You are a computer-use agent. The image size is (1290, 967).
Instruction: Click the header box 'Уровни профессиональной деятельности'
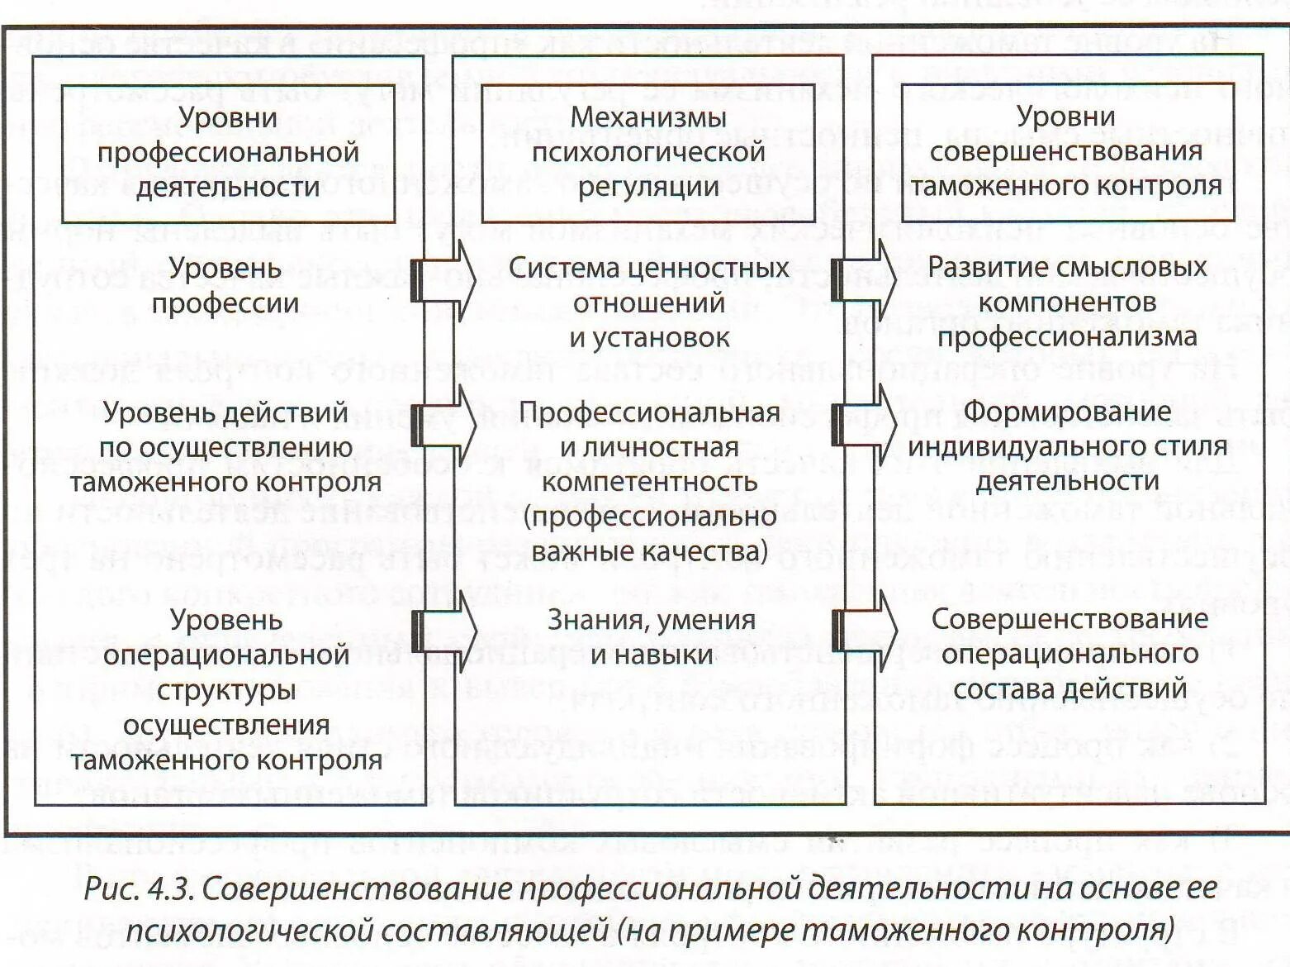(228, 152)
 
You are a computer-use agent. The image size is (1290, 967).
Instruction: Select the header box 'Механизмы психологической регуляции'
(648, 152)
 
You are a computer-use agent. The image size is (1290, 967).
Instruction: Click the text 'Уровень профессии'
(225, 285)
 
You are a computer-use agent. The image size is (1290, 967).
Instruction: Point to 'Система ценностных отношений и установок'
(649, 302)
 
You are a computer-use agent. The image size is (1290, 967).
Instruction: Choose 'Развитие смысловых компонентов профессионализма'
(1067, 302)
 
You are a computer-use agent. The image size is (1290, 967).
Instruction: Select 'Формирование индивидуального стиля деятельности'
(1067, 445)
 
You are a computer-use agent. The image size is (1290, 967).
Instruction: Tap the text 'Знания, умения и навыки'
(652, 636)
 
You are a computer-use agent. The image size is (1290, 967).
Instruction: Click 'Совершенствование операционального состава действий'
(1069, 653)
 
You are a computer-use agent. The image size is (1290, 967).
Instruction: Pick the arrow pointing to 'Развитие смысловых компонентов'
(865, 280)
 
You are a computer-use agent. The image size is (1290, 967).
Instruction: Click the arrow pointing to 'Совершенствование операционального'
(865, 631)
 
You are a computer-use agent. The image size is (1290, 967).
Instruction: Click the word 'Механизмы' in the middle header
(648, 117)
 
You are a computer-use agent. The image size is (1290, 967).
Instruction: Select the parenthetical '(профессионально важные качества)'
(650, 533)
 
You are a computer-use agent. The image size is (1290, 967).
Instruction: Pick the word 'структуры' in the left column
(226, 689)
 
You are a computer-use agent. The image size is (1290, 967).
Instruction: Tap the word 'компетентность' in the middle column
(650, 481)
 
